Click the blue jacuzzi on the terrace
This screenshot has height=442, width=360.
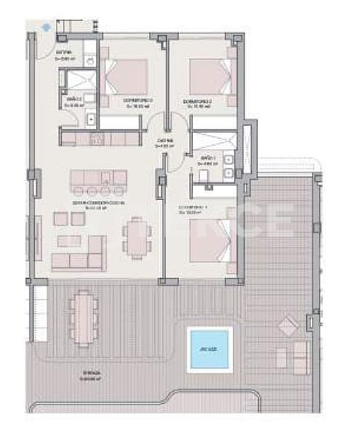[x=209, y=349]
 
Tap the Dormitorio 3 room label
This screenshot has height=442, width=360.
[x=139, y=103]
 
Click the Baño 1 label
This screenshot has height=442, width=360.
[x=208, y=158]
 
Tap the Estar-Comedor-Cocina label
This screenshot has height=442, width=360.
[x=88, y=204]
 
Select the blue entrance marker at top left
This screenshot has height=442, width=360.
[x=47, y=27]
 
